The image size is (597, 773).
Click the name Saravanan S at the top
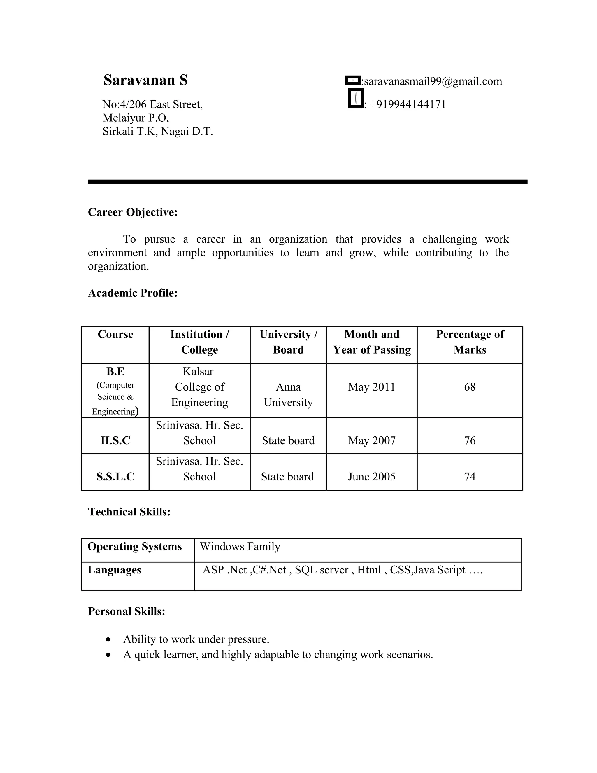pyautogui.click(x=145, y=80)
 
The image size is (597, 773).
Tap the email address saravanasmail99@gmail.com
pyautogui.click(x=433, y=81)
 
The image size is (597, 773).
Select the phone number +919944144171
pyautogui.click(x=408, y=104)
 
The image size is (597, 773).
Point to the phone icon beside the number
pyautogui.click(x=355, y=98)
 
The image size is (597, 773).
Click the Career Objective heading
pyautogui.click(x=133, y=212)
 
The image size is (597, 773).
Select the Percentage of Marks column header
pyautogui.click(x=470, y=342)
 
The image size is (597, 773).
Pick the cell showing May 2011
pyautogui.click(x=371, y=387)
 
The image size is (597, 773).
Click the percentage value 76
pyautogui.click(x=470, y=441)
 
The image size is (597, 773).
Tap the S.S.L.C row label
pyautogui.click(x=115, y=477)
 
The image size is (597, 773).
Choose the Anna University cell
pyautogui.click(x=288, y=395)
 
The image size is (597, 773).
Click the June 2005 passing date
pyautogui.click(x=371, y=477)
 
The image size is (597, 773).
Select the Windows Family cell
pyautogui.click(x=240, y=546)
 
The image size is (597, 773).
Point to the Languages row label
pyautogui.click(x=114, y=570)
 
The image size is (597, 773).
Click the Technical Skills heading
pyautogui.click(x=129, y=512)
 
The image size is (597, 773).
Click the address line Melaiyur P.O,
pyautogui.click(x=136, y=118)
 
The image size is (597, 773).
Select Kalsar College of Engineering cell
pyautogui.click(x=199, y=387)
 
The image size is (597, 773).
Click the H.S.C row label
pyautogui.click(x=115, y=441)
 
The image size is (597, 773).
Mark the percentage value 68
pyautogui.click(x=470, y=387)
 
